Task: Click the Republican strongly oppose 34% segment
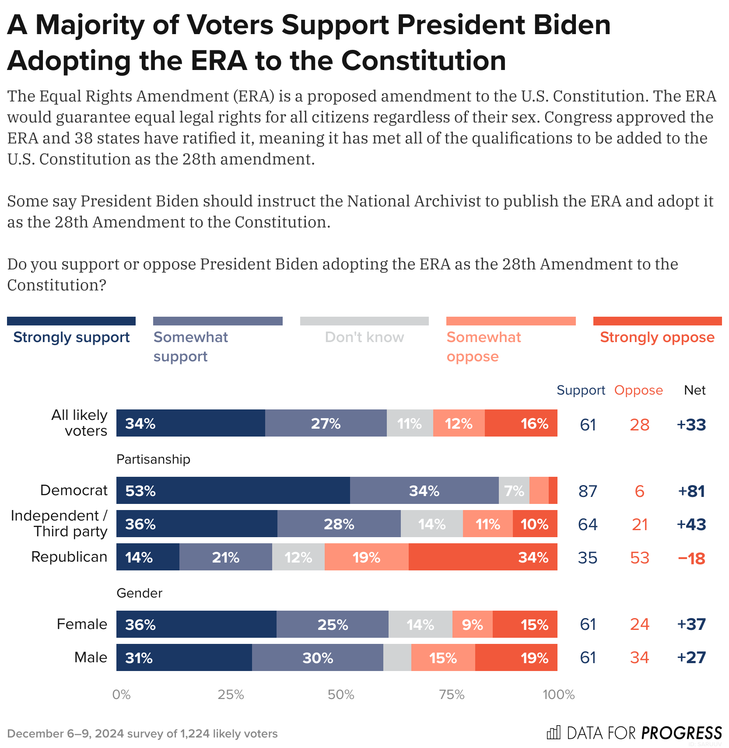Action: (483, 557)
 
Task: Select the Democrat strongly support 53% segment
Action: (233, 490)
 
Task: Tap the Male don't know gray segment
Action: (397, 657)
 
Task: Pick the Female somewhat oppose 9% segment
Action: (472, 624)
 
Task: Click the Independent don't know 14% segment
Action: (431, 524)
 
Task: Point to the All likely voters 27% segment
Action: (326, 423)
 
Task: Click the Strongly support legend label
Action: (71, 337)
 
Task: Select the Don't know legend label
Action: (364, 337)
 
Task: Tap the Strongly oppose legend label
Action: (657, 337)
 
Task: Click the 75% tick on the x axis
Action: (452, 695)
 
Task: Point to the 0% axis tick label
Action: (121, 695)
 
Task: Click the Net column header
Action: (694, 390)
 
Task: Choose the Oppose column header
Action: (638, 390)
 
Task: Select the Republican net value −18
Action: (691, 558)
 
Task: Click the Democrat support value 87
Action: (588, 491)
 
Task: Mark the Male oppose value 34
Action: (639, 657)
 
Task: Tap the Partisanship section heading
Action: (153, 459)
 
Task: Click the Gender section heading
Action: (139, 593)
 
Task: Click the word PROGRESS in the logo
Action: (681, 733)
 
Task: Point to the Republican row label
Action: (69, 557)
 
